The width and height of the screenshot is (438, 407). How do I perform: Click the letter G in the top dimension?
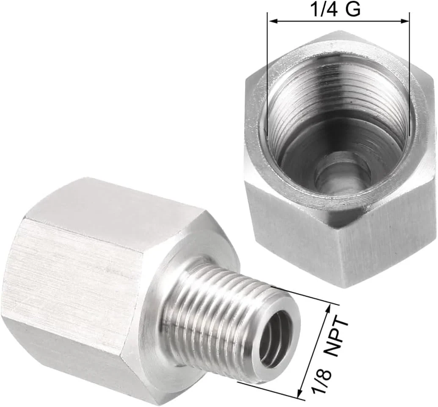pyautogui.click(x=353, y=9)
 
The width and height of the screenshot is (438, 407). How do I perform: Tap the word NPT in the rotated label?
pyautogui.click(x=340, y=335)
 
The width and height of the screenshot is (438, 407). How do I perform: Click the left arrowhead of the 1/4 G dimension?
pyautogui.click(x=272, y=20)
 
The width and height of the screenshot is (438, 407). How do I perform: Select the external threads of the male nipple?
pyautogui.click(x=212, y=314)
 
